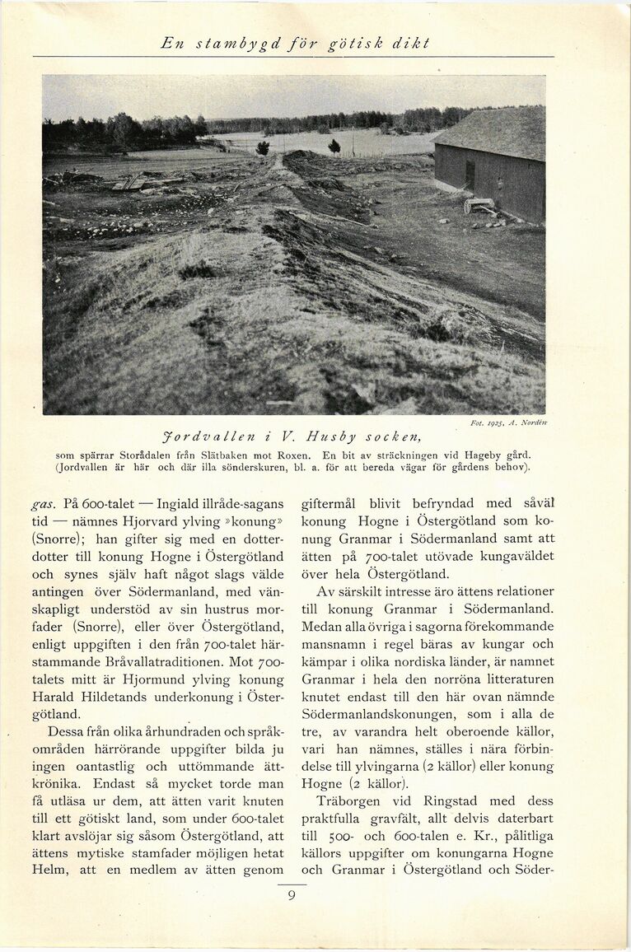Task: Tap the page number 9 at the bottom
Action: pos(292,895)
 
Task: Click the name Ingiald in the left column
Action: pos(173,503)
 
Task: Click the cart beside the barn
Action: pos(479,206)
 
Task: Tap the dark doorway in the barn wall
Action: pos(469,175)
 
